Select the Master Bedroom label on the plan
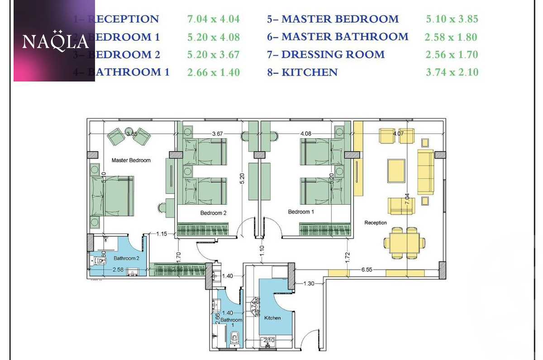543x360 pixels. [x=131, y=160]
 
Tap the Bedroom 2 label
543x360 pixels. [x=213, y=213]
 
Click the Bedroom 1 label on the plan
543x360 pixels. [x=301, y=212]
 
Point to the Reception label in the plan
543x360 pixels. [x=376, y=223]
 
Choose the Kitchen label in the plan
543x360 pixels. [x=273, y=318]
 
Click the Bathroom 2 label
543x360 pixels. [x=126, y=258]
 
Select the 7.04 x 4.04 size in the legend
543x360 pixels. [x=213, y=19]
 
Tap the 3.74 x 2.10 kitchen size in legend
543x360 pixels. [x=452, y=72]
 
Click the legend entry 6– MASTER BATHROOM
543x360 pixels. [x=338, y=37]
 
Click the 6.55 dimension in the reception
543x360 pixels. [x=367, y=269]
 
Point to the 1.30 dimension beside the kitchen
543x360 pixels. [x=308, y=283]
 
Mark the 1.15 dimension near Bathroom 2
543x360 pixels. [x=162, y=234]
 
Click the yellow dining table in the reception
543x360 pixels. [x=404, y=243]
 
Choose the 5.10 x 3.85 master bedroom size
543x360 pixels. [x=452, y=19]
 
